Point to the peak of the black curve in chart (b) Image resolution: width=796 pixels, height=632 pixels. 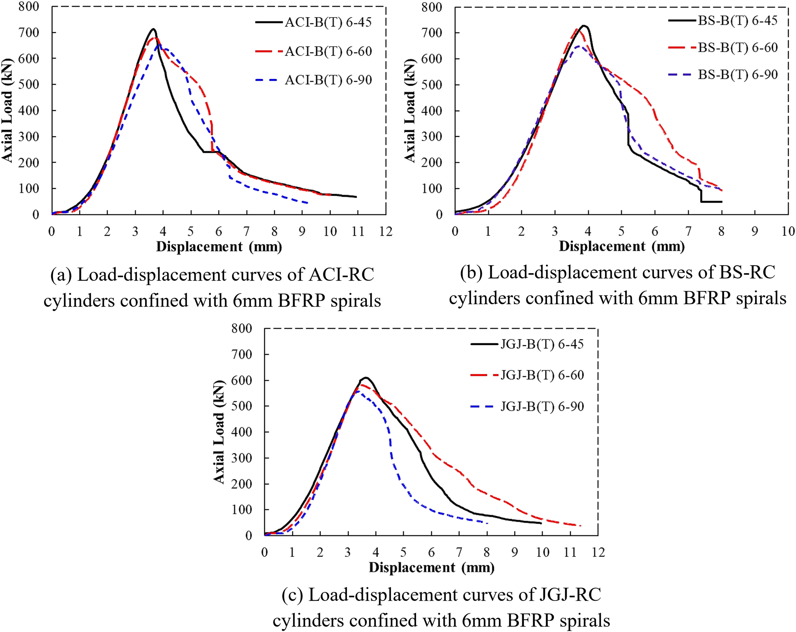[x=584, y=26]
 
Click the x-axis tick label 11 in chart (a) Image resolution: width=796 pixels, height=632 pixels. [x=358, y=231]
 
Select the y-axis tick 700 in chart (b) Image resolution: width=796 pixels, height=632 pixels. [x=432, y=33]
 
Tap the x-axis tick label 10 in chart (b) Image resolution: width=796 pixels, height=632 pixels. [x=788, y=231]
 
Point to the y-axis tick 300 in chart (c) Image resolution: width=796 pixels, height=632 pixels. [x=242, y=458]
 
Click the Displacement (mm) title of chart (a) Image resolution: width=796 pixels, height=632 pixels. [x=219, y=247]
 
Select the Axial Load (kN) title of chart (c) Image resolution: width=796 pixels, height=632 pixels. [x=219, y=432]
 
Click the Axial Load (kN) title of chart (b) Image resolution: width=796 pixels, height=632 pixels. [x=410, y=111]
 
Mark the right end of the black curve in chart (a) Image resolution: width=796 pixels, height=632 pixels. [x=356, y=197]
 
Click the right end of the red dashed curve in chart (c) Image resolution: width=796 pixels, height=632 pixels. [x=581, y=526]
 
